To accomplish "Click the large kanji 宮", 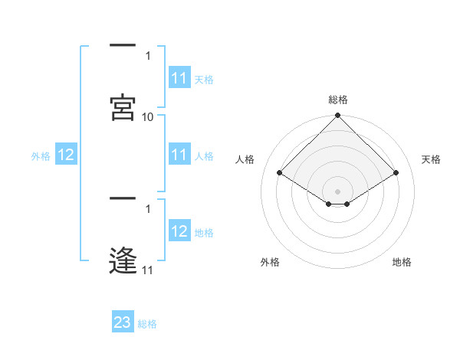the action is pyautogui.click(x=123, y=107).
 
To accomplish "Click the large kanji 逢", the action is pyautogui.click(x=123, y=260).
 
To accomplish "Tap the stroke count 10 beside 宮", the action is pyautogui.click(x=147, y=117).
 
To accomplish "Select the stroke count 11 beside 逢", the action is pyautogui.click(x=147, y=270).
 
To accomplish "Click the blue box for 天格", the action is pyautogui.click(x=179, y=77).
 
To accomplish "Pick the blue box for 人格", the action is pyautogui.click(x=179, y=154).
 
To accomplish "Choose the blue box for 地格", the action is pyautogui.click(x=179, y=230).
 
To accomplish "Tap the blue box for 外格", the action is pyautogui.click(x=66, y=154).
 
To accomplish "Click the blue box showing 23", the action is pyautogui.click(x=123, y=321).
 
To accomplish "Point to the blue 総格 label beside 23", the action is pyautogui.click(x=147, y=324).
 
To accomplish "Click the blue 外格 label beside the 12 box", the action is pyautogui.click(x=41, y=156).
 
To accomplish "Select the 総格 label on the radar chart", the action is pyautogui.click(x=338, y=100).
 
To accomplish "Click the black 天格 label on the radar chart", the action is pyautogui.click(x=431, y=159).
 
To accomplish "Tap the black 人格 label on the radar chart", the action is pyautogui.click(x=245, y=159).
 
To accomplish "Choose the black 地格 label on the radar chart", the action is pyautogui.click(x=402, y=262).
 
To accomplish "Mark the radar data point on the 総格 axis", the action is pyautogui.click(x=337, y=115).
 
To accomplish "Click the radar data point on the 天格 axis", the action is pyautogui.click(x=396, y=172).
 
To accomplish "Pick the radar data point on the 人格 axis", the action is pyautogui.click(x=280, y=172).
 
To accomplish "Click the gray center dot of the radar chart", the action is pyautogui.click(x=337, y=191).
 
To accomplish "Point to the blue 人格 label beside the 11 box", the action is pyautogui.click(x=204, y=156).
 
